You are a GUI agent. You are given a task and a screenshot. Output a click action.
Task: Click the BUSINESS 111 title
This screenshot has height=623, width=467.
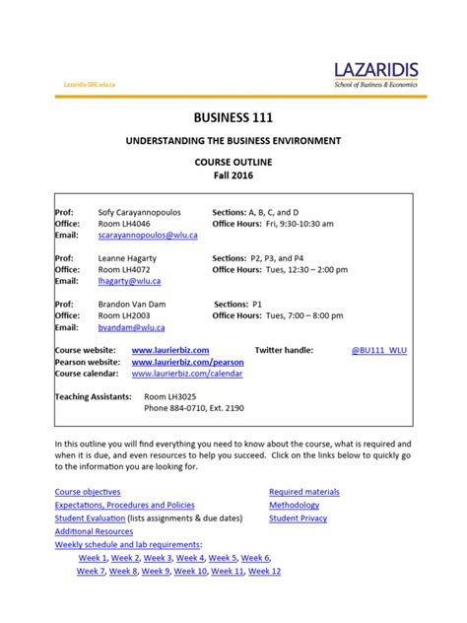[x=233, y=119]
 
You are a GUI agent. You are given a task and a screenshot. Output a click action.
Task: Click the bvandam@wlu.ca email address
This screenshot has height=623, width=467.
[x=131, y=326]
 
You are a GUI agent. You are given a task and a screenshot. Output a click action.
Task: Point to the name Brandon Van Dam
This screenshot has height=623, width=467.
[x=136, y=304]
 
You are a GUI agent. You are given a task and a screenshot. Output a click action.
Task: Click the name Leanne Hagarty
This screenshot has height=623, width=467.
[x=131, y=258]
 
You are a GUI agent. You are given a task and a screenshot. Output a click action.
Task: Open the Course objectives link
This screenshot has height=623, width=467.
[x=88, y=491]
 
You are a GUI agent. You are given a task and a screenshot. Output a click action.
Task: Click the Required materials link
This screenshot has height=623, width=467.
[x=304, y=491]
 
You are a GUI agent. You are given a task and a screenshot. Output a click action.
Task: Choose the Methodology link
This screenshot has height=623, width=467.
[x=295, y=505]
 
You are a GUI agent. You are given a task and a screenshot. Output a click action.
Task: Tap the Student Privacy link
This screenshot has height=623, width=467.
[x=299, y=518]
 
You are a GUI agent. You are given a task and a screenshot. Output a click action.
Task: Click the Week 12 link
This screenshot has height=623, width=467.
[x=265, y=571]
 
